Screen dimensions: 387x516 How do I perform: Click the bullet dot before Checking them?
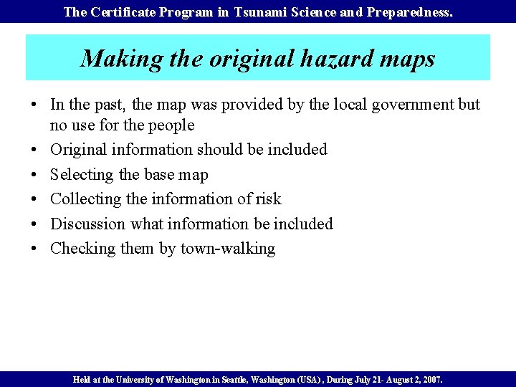point(34,249)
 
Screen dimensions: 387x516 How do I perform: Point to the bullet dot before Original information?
point(34,150)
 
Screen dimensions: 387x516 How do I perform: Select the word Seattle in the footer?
point(242,379)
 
